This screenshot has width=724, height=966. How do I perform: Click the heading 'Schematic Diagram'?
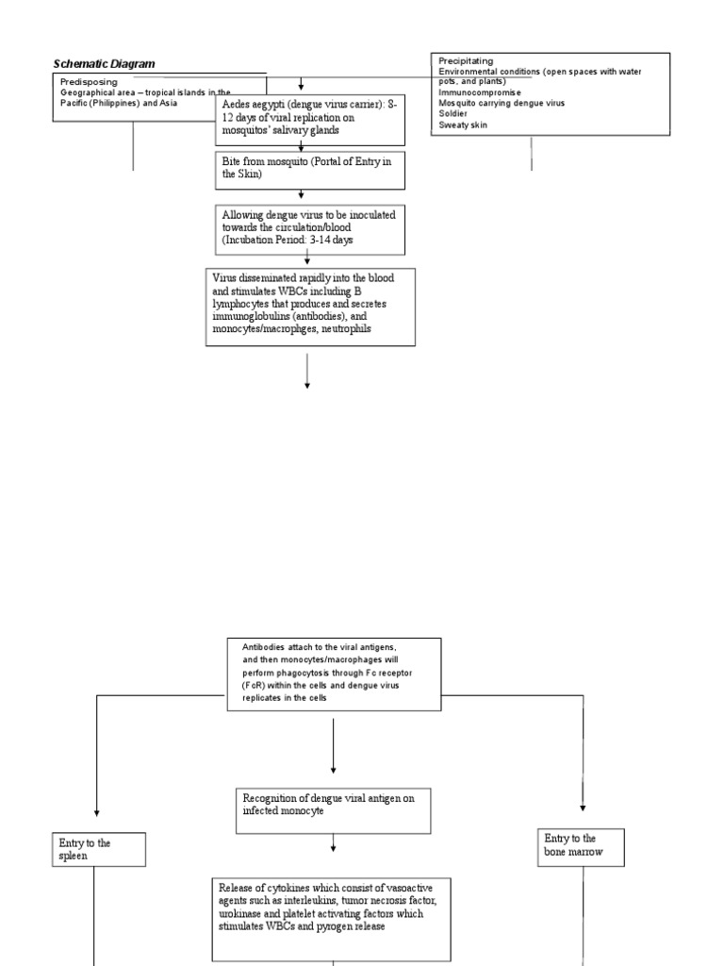(x=104, y=63)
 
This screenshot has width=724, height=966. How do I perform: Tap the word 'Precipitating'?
(x=466, y=61)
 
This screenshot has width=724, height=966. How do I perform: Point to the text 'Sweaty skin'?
(x=463, y=124)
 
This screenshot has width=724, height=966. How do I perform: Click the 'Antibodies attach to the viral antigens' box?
(x=334, y=674)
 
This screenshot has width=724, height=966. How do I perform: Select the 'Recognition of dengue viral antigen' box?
(x=333, y=810)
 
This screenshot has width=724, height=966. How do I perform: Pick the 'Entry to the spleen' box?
(x=98, y=849)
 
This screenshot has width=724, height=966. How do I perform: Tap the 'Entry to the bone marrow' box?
(x=583, y=844)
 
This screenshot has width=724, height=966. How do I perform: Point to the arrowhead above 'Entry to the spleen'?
(x=97, y=812)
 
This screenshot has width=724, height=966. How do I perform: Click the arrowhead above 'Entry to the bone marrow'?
(x=583, y=808)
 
